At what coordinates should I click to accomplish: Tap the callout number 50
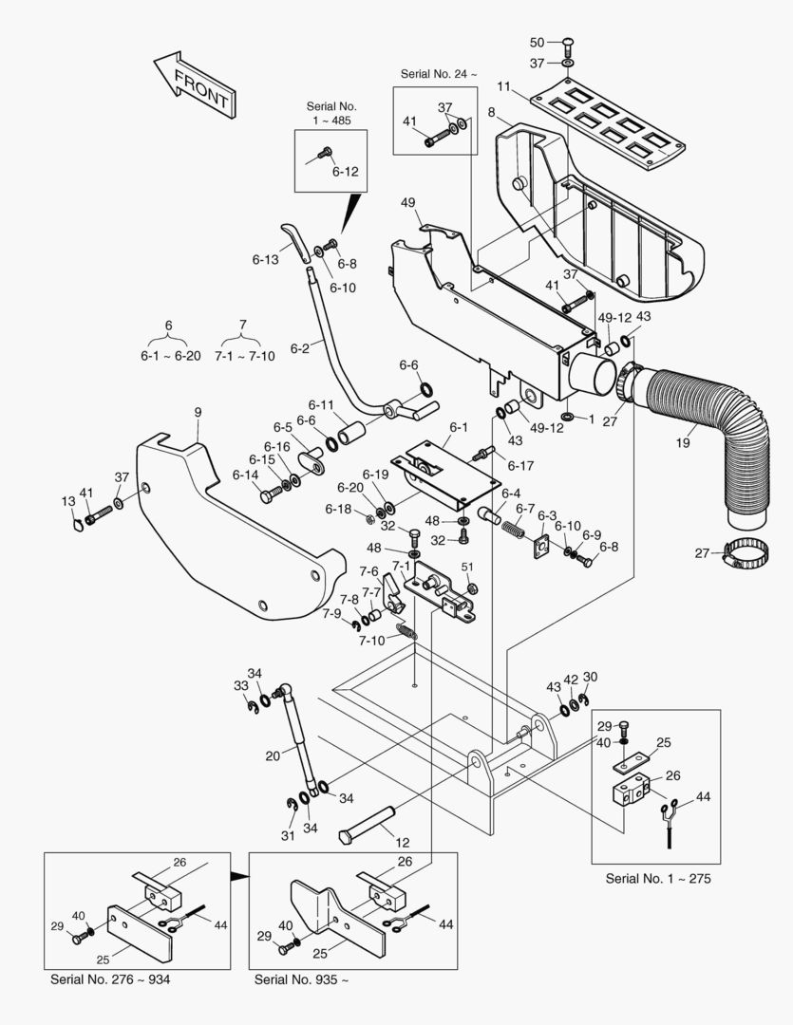click(537, 42)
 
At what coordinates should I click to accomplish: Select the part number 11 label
click(503, 87)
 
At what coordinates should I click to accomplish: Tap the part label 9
click(198, 412)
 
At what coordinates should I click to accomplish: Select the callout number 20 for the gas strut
click(273, 755)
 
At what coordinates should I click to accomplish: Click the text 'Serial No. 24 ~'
click(439, 74)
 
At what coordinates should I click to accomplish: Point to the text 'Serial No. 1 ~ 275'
click(657, 879)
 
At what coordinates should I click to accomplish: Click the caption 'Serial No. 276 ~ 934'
click(110, 978)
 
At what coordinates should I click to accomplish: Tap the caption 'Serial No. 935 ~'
click(301, 978)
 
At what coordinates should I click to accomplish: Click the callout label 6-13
click(265, 258)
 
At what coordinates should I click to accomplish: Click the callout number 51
click(467, 567)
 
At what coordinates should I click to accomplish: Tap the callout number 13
click(68, 501)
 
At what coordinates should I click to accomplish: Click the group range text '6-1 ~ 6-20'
click(169, 355)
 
